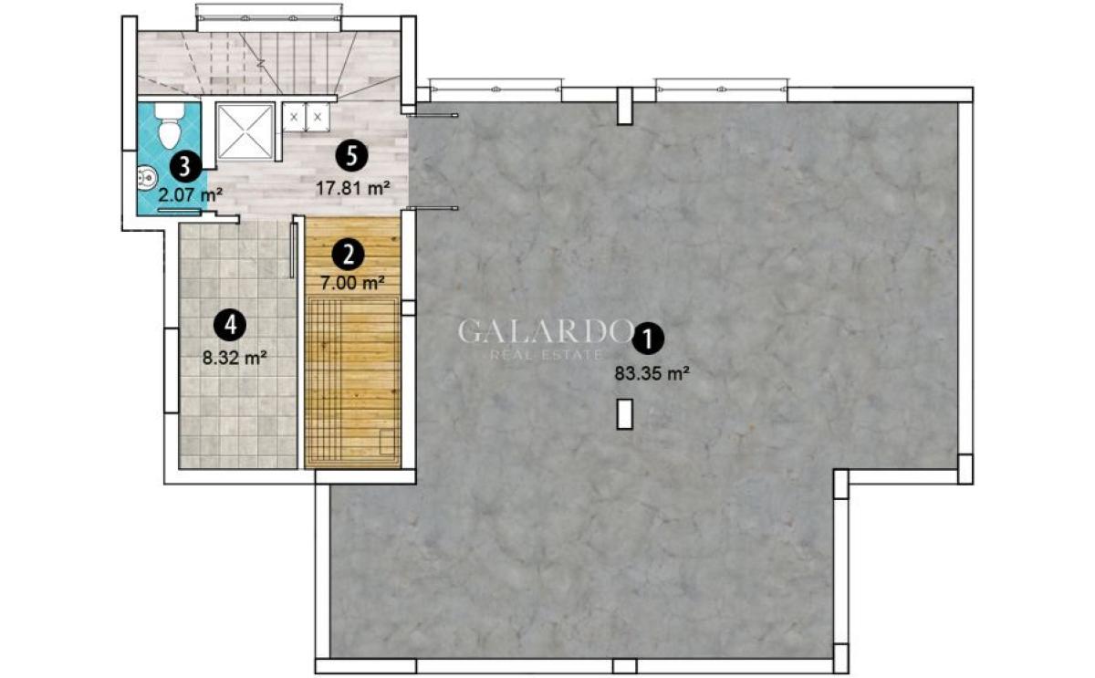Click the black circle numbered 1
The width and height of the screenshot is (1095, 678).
click(648, 339)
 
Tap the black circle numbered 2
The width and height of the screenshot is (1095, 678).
click(348, 255)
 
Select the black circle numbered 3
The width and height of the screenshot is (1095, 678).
click(185, 167)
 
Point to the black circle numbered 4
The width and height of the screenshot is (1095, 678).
click(231, 325)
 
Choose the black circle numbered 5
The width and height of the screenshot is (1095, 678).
click(351, 156)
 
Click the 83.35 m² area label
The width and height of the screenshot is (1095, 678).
click(652, 374)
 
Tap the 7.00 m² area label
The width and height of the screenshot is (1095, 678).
click(352, 283)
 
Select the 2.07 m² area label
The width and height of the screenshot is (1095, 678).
click(191, 195)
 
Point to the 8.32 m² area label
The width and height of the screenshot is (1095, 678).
click(235, 358)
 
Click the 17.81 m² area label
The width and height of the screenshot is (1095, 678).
click(353, 188)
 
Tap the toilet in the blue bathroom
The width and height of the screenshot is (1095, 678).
click(169, 126)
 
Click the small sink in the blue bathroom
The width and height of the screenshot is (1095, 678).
click(146, 178)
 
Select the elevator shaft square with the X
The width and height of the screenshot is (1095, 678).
click(245, 131)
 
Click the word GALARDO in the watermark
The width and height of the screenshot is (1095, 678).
click(545, 331)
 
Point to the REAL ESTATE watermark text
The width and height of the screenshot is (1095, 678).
click(546, 355)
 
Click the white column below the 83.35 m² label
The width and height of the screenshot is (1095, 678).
click(625, 414)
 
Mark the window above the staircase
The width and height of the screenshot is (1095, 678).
click(269, 18)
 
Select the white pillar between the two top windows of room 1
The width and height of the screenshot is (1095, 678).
click(626, 106)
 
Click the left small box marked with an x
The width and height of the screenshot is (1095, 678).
click(294, 117)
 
